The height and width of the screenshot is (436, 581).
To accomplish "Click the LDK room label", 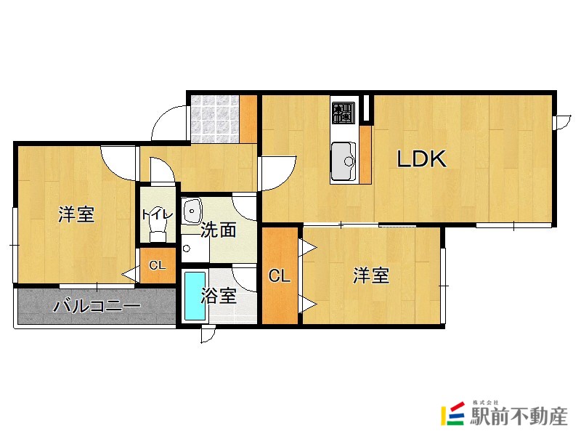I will (x=420, y=159).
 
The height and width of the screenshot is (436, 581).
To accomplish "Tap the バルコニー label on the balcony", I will (x=97, y=306).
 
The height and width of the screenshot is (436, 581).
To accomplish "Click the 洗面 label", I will (x=218, y=230).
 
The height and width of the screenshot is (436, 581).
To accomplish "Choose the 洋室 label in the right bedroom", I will (x=371, y=275).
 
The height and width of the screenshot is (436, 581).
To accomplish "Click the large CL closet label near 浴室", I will (x=280, y=276).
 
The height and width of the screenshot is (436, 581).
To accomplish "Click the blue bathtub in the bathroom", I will (x=194, y=296).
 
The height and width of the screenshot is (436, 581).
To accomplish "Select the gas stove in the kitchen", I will (x=343, y=112).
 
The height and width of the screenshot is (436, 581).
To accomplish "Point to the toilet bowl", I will (x=157, y=231).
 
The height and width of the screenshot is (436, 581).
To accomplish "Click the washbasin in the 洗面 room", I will (x=191, y=210).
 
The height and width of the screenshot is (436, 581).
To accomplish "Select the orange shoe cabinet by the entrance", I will (x=248, y=118).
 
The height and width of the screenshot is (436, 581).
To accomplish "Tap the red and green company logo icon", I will (x=453, y=414).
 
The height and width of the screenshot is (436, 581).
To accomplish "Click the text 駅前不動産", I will (x=517, y=417).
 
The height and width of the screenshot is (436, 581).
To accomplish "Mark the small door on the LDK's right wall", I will (x=560, y=122).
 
